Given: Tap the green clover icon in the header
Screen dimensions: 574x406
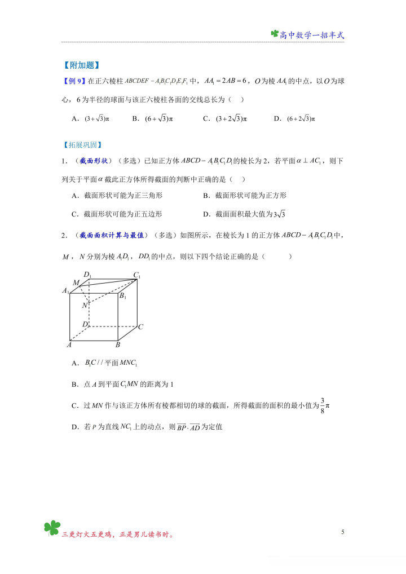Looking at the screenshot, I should tap(275, 34).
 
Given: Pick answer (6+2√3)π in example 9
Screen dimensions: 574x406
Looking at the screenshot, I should tap(301, 118).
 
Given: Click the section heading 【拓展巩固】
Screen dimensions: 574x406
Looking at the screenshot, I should tap(81, 145).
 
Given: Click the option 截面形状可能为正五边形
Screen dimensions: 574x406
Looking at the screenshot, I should tap(123, 214).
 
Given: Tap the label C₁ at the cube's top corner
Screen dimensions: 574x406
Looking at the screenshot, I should tap(136, 275).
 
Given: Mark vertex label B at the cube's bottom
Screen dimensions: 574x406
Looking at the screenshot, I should tap(117, 345).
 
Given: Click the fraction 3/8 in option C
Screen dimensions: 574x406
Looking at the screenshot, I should tap(323, 404).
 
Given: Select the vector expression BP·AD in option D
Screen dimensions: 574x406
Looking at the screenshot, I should tap(188, 427).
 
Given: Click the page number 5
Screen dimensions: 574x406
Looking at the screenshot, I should tap(342, 532).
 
